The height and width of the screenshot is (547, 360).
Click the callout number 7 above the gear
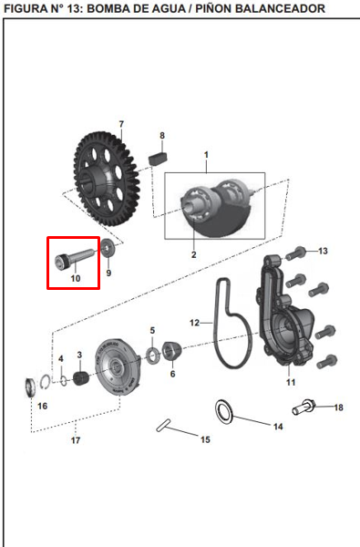[120, 124]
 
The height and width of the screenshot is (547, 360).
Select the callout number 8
[162, 136]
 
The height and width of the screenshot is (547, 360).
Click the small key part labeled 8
[160, 154]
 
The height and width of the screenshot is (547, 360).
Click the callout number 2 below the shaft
[193, 254]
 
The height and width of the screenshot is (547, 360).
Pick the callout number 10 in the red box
[76, 277]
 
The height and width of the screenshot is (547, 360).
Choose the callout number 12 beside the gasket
[194, 323]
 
